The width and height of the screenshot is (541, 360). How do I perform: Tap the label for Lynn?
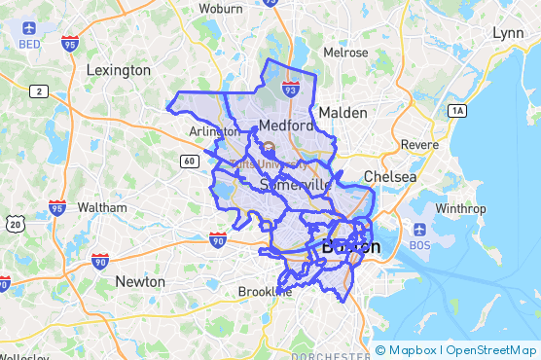click(508, 33)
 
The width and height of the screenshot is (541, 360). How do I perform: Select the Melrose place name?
click(345, 53)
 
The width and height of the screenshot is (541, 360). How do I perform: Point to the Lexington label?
click(119, 70)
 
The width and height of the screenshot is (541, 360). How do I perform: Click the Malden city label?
click(343, 113)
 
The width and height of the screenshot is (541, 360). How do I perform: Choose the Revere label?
click(420, 144)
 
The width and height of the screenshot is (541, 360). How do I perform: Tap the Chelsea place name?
click(389, 177)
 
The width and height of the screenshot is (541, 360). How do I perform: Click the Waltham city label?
click(102, 207)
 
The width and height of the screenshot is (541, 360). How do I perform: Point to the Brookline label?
click(265, 291)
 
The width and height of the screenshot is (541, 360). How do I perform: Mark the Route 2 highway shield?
click(39, 90)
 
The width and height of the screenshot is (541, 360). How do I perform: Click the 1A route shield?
click(457, 111)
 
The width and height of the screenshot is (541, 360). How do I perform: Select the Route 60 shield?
click(189, 160)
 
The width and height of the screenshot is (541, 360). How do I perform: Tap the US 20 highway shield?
click(16, 225)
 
